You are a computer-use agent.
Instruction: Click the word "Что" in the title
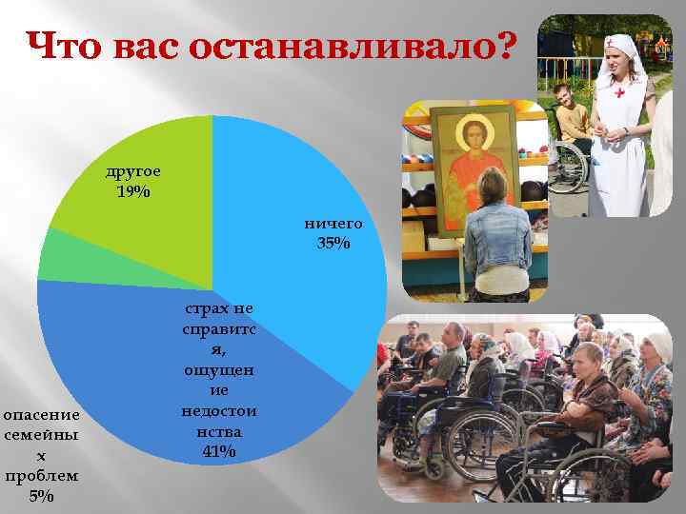click(65, 45)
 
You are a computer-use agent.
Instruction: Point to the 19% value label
click(132, 191)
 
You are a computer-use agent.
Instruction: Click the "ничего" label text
click(333, 224)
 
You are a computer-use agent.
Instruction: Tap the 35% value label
click(333, 244)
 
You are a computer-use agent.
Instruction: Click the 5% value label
click(41, 496)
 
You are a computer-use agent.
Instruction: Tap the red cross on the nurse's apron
click(620, 93)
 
